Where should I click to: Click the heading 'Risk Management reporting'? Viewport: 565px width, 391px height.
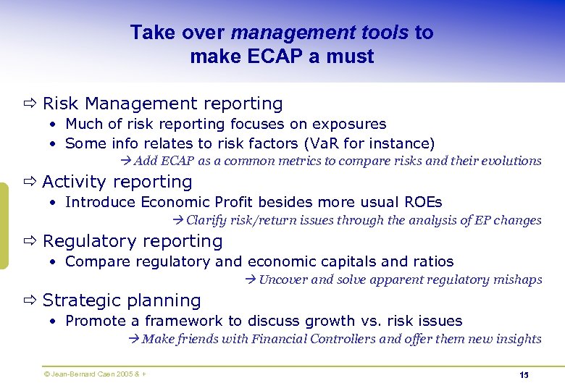click(x=162, y=104)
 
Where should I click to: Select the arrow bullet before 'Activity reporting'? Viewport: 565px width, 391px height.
click(x=30, y=182)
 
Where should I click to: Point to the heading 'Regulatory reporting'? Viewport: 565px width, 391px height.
click(x=133, y=241)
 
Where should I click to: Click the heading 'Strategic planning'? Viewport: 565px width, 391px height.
click(x=122, y=300)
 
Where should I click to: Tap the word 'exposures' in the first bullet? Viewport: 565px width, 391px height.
click(x=351, y=124)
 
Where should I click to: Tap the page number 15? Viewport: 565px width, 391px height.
click(x=524, y=375)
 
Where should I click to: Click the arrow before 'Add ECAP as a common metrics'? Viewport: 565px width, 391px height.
click(x=127, y=161)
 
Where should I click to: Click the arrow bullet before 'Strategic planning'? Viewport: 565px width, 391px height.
click(x=30, y=300)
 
